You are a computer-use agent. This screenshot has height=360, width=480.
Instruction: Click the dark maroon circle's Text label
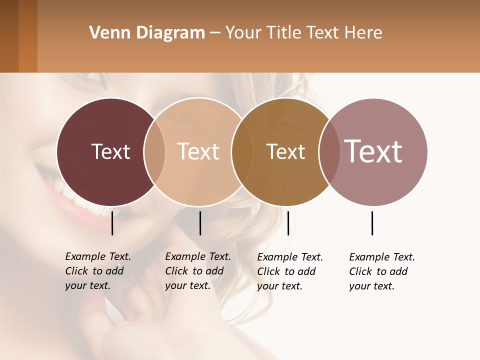coord(110,151)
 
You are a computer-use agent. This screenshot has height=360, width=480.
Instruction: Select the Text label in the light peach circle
coord(198,151)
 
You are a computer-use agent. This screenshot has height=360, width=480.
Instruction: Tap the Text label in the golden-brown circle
coord(285,152)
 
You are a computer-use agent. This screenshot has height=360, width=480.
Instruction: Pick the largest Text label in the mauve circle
coord(373,151)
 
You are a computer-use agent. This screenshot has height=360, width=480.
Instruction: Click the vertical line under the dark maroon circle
coord(112,223)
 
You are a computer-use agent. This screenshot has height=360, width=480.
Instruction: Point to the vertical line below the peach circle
coord(200,223)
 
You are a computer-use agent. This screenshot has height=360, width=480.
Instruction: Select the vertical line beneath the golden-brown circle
coord(288,223)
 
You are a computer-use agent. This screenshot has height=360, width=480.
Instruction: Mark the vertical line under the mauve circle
coord(372,223)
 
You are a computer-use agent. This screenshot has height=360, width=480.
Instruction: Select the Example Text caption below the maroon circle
coord(98,271)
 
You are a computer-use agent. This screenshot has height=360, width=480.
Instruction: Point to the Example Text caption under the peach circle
coord(198,271)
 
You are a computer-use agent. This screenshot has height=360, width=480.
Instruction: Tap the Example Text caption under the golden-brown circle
coord(290,271)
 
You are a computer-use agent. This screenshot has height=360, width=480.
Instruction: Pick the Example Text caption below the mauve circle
coord(382,271)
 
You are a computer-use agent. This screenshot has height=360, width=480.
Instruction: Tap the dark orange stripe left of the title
coord(28,36)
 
